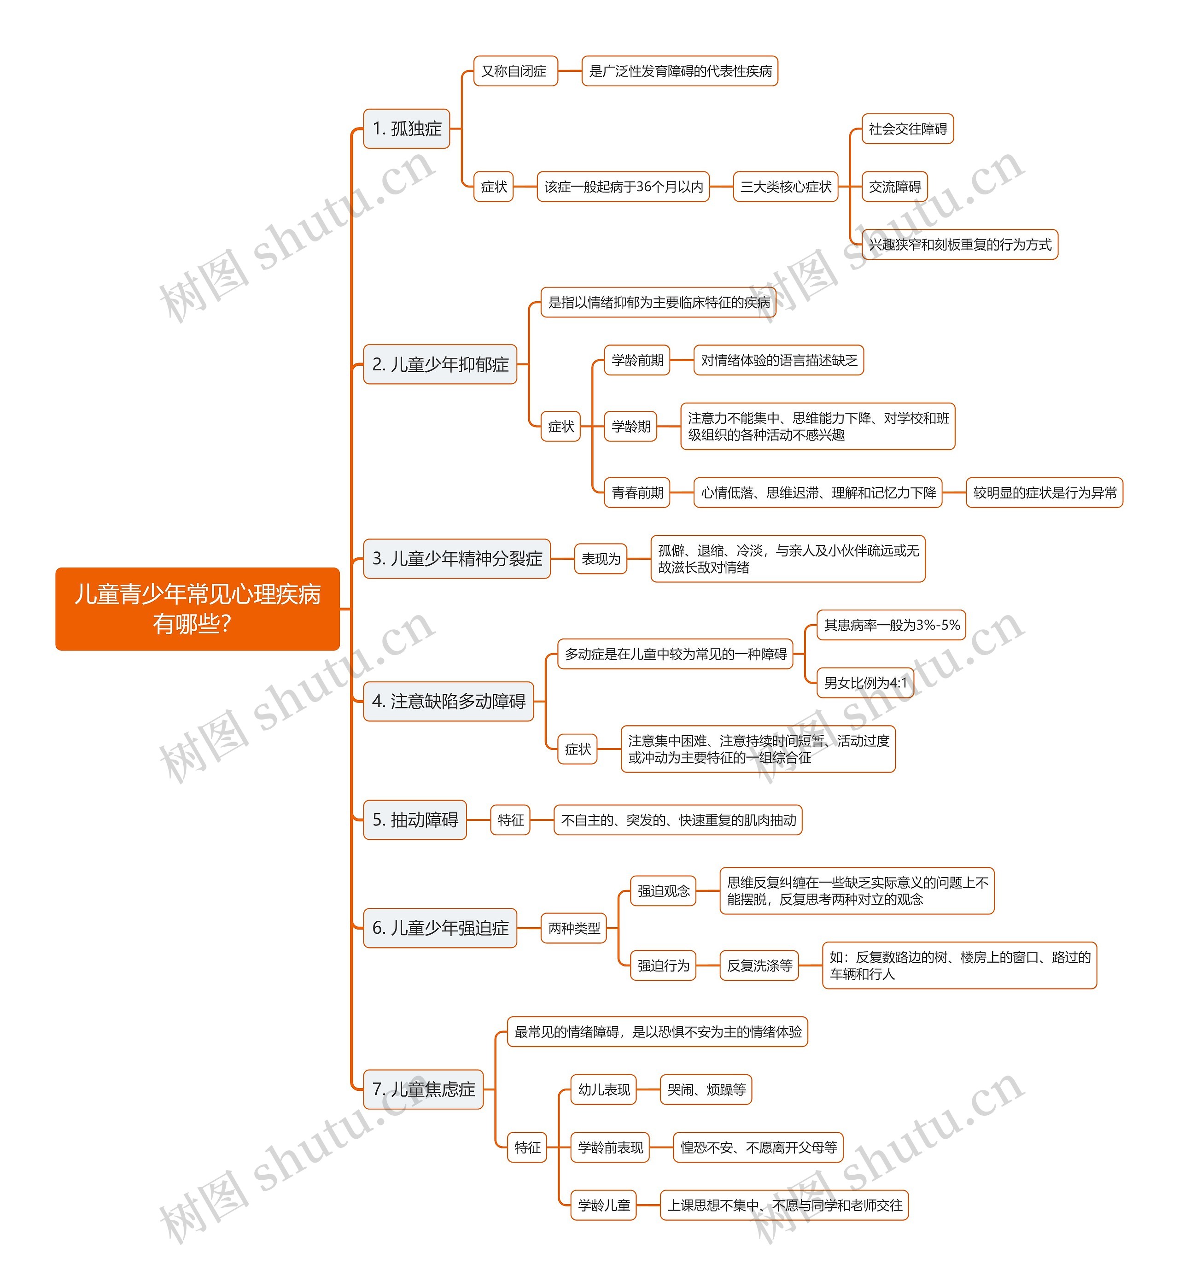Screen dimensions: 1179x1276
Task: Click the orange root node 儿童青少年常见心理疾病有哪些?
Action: point(197,609)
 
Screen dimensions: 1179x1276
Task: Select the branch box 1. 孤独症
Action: point(406,128)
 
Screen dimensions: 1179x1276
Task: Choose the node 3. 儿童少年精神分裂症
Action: point(457,559)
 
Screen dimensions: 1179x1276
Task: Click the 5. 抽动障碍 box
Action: point(414,820)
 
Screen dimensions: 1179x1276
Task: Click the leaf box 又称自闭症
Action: point(515,71)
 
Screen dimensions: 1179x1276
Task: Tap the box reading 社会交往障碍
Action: point(908,129)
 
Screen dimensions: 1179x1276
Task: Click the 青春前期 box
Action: point(637,492)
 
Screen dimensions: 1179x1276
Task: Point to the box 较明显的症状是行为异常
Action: point(1045,492)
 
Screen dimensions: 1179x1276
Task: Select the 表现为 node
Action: point(601,559)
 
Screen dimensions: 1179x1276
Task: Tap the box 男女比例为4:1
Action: point(865,683)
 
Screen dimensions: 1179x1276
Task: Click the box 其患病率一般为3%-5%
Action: point(891,625)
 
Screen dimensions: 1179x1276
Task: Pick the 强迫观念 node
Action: point(664,890)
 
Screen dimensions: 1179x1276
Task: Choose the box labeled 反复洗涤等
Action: point(759,966)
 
